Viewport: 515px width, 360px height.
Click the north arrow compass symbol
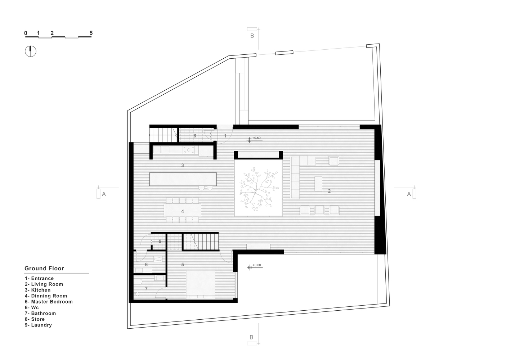(x=31, y=51)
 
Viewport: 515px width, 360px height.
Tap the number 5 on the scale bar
(x=91, y=33)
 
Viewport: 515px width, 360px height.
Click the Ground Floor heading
(x=44, y=268)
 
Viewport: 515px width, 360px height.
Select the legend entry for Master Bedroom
(x=49, y=302)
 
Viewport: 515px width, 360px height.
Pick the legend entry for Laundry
(x=39, y=325)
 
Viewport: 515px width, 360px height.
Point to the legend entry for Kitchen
(x=38, y=290)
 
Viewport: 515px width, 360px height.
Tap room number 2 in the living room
(x=329, y=191)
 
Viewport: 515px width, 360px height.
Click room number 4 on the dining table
(x=183, y=211)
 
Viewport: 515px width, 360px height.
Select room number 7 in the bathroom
(x=146, y=288)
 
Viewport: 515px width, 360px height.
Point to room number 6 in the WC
(x=146, y=265)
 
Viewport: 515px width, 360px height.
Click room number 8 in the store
(x=195, y=136)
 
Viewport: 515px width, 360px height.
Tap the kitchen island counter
(x=183, y=179)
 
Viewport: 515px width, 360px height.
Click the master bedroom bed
(x=201, y=285)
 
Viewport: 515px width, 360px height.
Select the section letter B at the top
(x=252, y=36)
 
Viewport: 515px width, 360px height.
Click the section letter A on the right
(x=409, y=194)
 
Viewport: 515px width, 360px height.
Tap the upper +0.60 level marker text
(x=256, y=138)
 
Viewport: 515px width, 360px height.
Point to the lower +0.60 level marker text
(x=256, y=265)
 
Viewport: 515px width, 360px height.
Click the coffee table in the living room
(x=318, y=184)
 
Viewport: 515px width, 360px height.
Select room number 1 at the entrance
(x=225, y=136)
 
